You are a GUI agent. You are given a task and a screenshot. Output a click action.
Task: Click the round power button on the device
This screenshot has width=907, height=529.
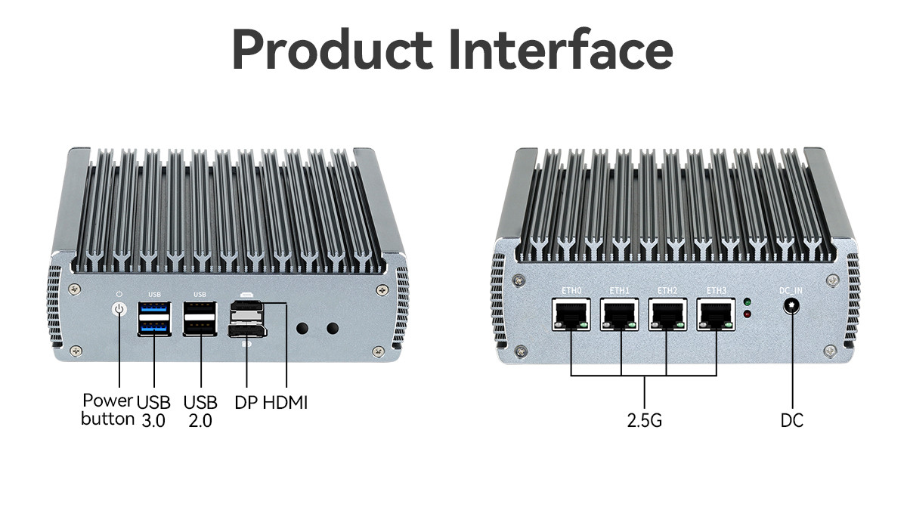pos(119,310)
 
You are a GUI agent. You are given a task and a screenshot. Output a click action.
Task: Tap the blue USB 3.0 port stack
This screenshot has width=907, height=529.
pos(154,319)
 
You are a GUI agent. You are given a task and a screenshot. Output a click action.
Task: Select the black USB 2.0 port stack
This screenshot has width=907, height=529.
pos(200,319)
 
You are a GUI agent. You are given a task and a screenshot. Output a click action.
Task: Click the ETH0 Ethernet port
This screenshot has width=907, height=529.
pos(571,315)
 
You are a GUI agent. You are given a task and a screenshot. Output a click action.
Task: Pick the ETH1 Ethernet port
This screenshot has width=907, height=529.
pos(620,315)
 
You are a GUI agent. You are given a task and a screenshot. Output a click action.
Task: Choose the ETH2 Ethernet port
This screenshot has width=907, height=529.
pos(667,315)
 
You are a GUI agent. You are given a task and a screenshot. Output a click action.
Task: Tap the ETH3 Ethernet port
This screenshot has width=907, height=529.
pos(716,315)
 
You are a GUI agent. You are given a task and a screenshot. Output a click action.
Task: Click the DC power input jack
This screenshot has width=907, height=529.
pos(791,306)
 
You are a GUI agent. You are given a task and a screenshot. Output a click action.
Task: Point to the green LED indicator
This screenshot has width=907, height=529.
pos(748,302)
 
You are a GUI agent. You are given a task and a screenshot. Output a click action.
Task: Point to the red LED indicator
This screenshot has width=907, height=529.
pos(748,314)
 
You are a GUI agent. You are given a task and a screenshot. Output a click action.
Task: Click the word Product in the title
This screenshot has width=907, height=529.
pos(333,49)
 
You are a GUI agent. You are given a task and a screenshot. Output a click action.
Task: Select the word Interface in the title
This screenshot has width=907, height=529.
pos(562,49)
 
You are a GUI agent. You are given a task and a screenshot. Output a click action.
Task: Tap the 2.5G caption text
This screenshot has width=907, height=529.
pos(645,420)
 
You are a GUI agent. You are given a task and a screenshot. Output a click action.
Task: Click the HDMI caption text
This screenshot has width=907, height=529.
pos(286,403)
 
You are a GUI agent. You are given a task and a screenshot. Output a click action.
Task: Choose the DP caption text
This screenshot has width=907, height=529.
pos(246,403)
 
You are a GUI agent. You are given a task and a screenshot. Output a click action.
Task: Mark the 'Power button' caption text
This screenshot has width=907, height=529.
pos(107,410)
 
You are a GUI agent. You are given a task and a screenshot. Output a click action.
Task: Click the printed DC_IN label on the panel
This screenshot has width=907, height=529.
pos(791,291)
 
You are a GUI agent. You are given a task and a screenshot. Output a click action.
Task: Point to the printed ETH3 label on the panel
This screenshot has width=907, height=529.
pos(717,291)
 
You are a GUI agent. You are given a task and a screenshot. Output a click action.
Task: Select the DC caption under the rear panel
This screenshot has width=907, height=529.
pos(792,420)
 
